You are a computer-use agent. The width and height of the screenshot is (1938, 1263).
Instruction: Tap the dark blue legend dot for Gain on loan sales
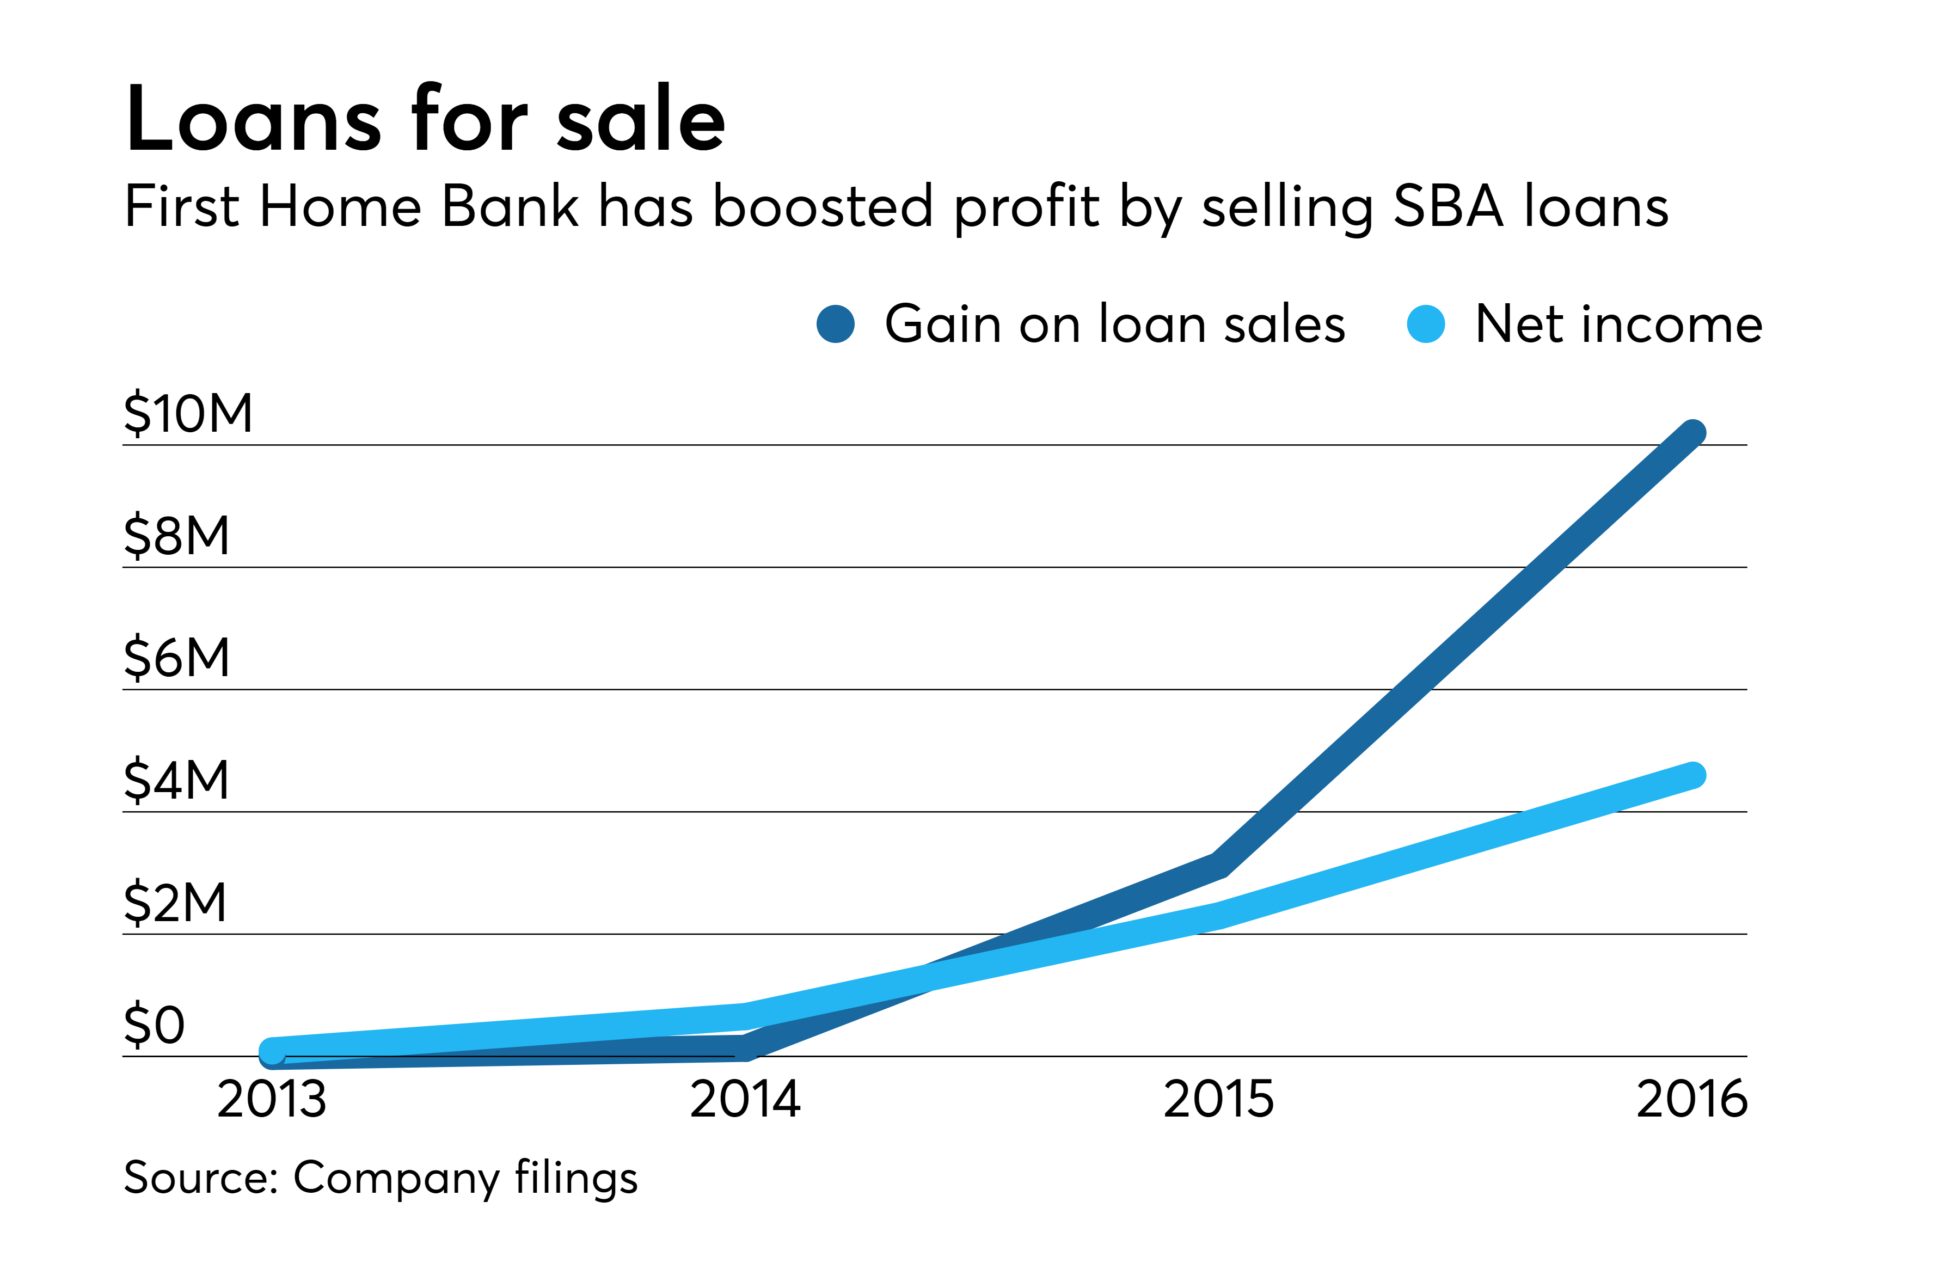click(x=836, y=324)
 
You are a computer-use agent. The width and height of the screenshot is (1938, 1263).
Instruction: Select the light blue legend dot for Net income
click(x=1426, y=324)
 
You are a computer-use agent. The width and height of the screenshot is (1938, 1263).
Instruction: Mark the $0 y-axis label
click(x=155, y=1025)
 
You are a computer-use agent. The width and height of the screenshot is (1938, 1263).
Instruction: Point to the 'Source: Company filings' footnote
click(x=381, y=1178)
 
